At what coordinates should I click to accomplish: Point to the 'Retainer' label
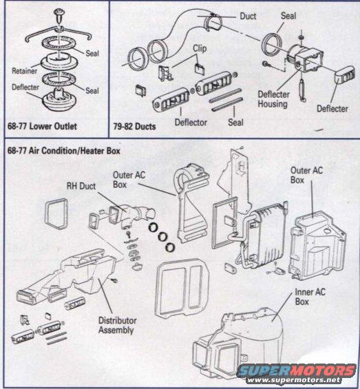pyautogui.click(x=24, y=70)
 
